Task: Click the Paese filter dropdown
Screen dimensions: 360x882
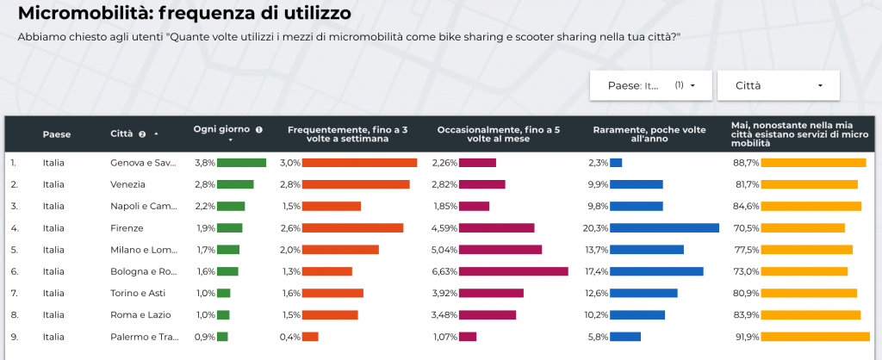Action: [650, 85]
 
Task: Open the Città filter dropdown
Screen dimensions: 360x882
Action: [778, 85]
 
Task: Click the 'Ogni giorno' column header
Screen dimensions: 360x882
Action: [223, 128]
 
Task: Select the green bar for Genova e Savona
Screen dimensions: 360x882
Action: [241, 162]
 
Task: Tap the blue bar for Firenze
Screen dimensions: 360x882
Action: [664, 228]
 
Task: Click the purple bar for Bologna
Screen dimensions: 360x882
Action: [513, 271]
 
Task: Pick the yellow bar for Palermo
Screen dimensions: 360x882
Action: [816, 337]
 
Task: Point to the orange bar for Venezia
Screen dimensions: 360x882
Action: [356, 184]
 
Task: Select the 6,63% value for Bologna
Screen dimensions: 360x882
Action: [444, 271]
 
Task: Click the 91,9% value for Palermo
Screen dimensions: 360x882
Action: [745, 337]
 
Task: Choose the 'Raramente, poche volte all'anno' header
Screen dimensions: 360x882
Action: [649, 133]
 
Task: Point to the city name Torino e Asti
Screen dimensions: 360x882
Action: [138, 293]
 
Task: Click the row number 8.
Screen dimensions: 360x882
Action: [14, 315]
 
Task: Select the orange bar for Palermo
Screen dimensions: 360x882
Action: [311, 337]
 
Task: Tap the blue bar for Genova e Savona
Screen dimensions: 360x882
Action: [616, 162]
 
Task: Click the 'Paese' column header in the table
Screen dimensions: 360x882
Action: [57, 133]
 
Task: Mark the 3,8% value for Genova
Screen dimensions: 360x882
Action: [204, 162]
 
